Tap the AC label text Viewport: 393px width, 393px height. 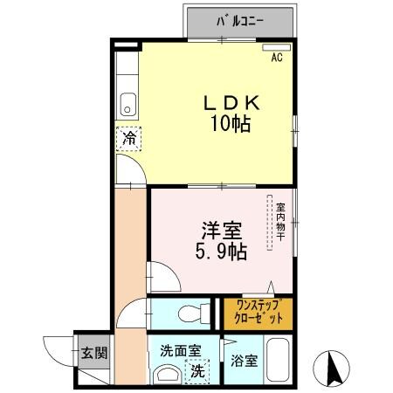click(x=276, y=59)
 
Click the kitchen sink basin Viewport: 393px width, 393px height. click(x=128, y=104)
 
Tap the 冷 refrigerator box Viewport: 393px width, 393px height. click(x=128, y=138)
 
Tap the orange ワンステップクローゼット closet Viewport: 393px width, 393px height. click(x=257, y=314)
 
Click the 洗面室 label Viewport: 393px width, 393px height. click(x=179, y=350)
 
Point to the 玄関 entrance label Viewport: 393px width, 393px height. click(x=95, y=354)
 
